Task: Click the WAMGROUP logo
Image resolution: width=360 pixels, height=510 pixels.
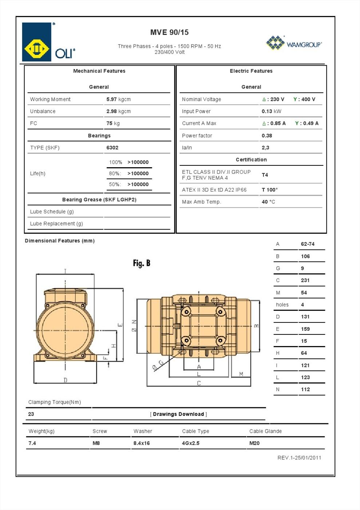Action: (294, 43)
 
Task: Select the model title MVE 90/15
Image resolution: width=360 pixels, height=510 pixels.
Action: (169, 32)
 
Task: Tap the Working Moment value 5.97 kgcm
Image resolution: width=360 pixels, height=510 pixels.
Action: (118, 99)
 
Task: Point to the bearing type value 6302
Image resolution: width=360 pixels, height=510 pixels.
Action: (112, 148)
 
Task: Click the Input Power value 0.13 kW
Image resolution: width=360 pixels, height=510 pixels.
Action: (271, 111)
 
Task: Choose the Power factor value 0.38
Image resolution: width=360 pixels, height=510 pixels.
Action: (267, 136)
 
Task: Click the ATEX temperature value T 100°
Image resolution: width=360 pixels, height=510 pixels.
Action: (269, 190)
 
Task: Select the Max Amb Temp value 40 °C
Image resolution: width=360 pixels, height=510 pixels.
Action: (268, 202)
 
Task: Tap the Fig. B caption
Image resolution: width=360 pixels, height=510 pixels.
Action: (142, 263)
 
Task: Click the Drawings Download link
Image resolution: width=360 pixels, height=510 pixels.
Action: (178, 414)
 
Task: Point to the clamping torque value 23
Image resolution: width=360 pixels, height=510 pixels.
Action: (31, 414)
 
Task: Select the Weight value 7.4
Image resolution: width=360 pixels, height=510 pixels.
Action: (32, 443)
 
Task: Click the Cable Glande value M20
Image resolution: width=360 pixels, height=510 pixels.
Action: (254, 443)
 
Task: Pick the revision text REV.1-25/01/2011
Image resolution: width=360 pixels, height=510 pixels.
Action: (299, 458)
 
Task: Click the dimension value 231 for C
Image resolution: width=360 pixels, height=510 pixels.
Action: (305, 280)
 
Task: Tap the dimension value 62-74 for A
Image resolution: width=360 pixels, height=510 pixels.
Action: (308, 244)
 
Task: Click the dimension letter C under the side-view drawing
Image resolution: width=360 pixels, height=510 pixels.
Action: (199, 383)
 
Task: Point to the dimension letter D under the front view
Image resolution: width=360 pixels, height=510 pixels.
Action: (66, 380)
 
